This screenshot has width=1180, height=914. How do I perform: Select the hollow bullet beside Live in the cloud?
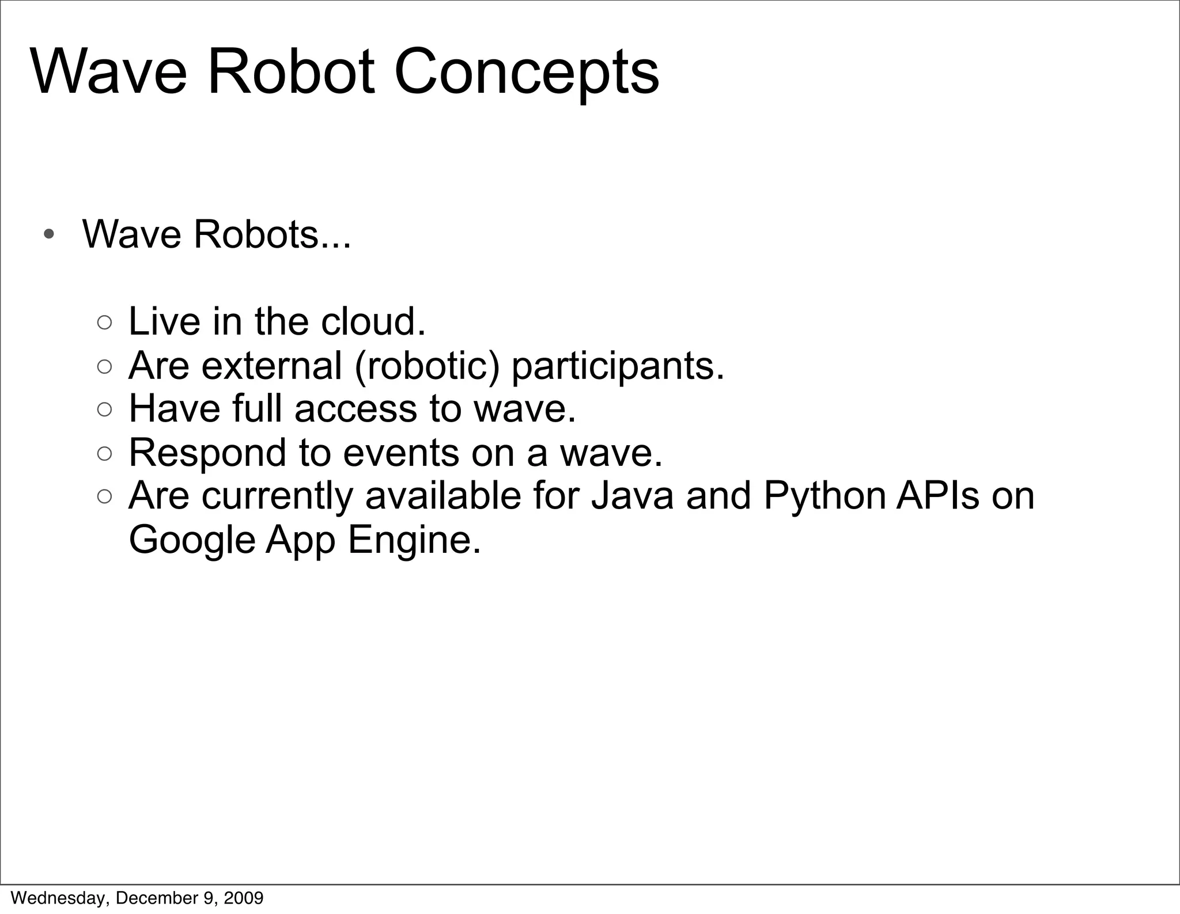(104, 323)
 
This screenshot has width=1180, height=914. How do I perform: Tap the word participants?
(617, 366)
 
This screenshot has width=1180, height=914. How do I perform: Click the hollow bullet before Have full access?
(104, 410)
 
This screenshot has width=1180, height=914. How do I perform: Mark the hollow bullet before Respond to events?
(104, 454)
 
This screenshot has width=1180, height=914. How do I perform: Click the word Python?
(824, 496)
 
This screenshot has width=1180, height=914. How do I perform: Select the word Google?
(192, 540)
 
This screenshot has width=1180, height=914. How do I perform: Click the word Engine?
(414, 540)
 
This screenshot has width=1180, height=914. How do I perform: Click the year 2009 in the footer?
(244, 898)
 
